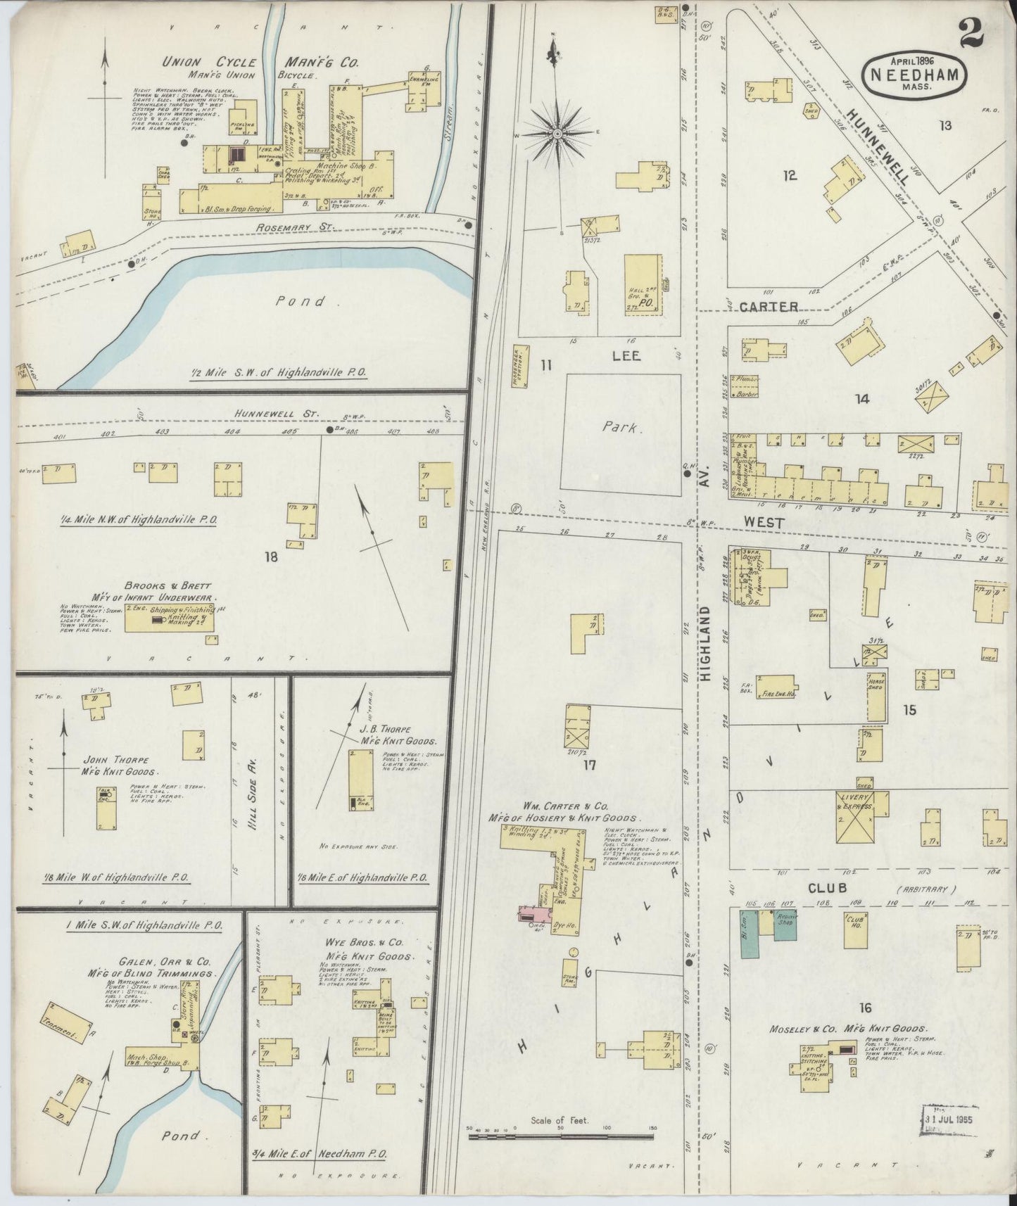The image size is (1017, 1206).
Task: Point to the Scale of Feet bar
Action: (561, 1134)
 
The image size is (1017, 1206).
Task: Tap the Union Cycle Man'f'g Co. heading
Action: (261, 62)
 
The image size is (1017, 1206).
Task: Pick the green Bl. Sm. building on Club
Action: (749, 933)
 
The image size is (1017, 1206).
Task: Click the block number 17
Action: (589, 765)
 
